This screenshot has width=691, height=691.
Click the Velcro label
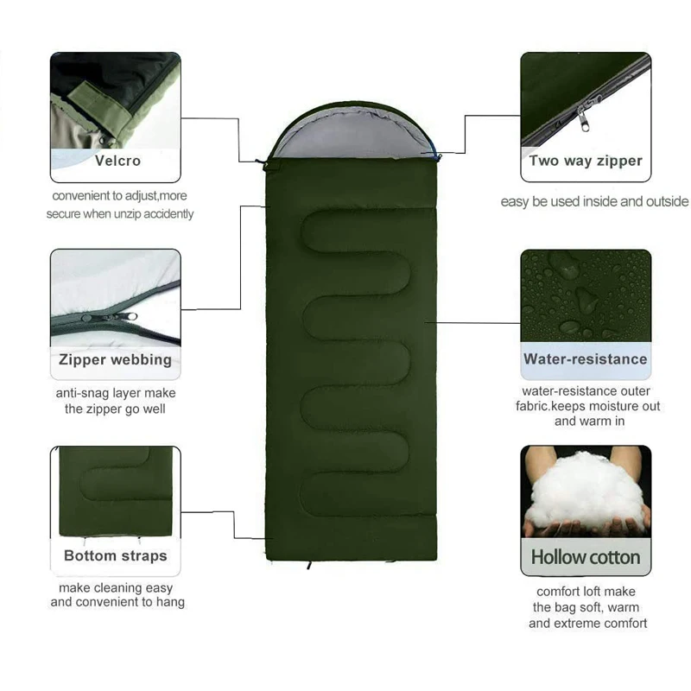[x=117, y=160]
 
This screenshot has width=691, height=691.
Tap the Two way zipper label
[x=586, y=161]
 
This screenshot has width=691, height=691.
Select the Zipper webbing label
[x=115, y=359]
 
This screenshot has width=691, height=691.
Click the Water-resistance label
[x=585, y=358]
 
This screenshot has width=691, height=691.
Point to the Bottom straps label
[x=115, y=555]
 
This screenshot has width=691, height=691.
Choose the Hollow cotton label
[x=586, y=557]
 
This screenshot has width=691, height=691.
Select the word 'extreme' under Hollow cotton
[x=604, y=623]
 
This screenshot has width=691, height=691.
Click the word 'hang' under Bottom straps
[x=170, y=602]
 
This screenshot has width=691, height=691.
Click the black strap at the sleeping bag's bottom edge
[x=308, y=566]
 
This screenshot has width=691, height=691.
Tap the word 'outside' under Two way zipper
[x=663, y=201]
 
